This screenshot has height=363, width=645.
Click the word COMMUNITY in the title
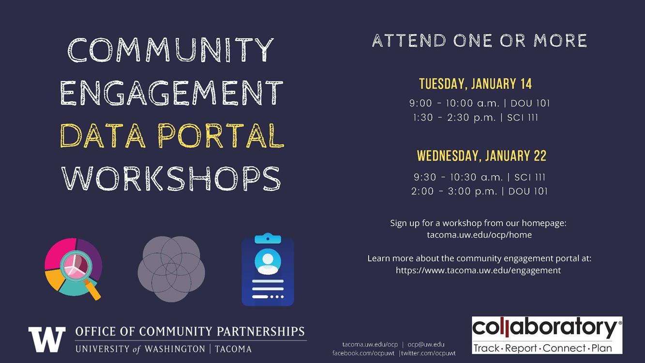point(170,49)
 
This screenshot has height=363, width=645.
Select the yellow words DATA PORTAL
point(172,136)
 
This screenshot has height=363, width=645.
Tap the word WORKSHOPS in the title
point(171,179)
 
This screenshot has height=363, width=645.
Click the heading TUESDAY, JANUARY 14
point(475,84)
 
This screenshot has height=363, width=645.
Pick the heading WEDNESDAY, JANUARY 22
point(481,156)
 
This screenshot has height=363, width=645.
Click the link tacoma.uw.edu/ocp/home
point(479,235)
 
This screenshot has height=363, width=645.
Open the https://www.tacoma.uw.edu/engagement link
point(478,270)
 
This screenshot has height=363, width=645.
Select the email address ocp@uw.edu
point(426,344)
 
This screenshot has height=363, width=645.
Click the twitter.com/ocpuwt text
point(428,353)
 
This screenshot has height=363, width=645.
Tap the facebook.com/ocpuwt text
point(363,353)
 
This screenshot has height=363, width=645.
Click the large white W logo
point(47,339)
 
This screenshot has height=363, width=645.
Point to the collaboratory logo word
point(544,329)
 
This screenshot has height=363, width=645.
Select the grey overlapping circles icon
point(171,269)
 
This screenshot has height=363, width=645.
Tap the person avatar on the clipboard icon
point(268,261)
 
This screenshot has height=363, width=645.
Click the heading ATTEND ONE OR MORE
point(480,40)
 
